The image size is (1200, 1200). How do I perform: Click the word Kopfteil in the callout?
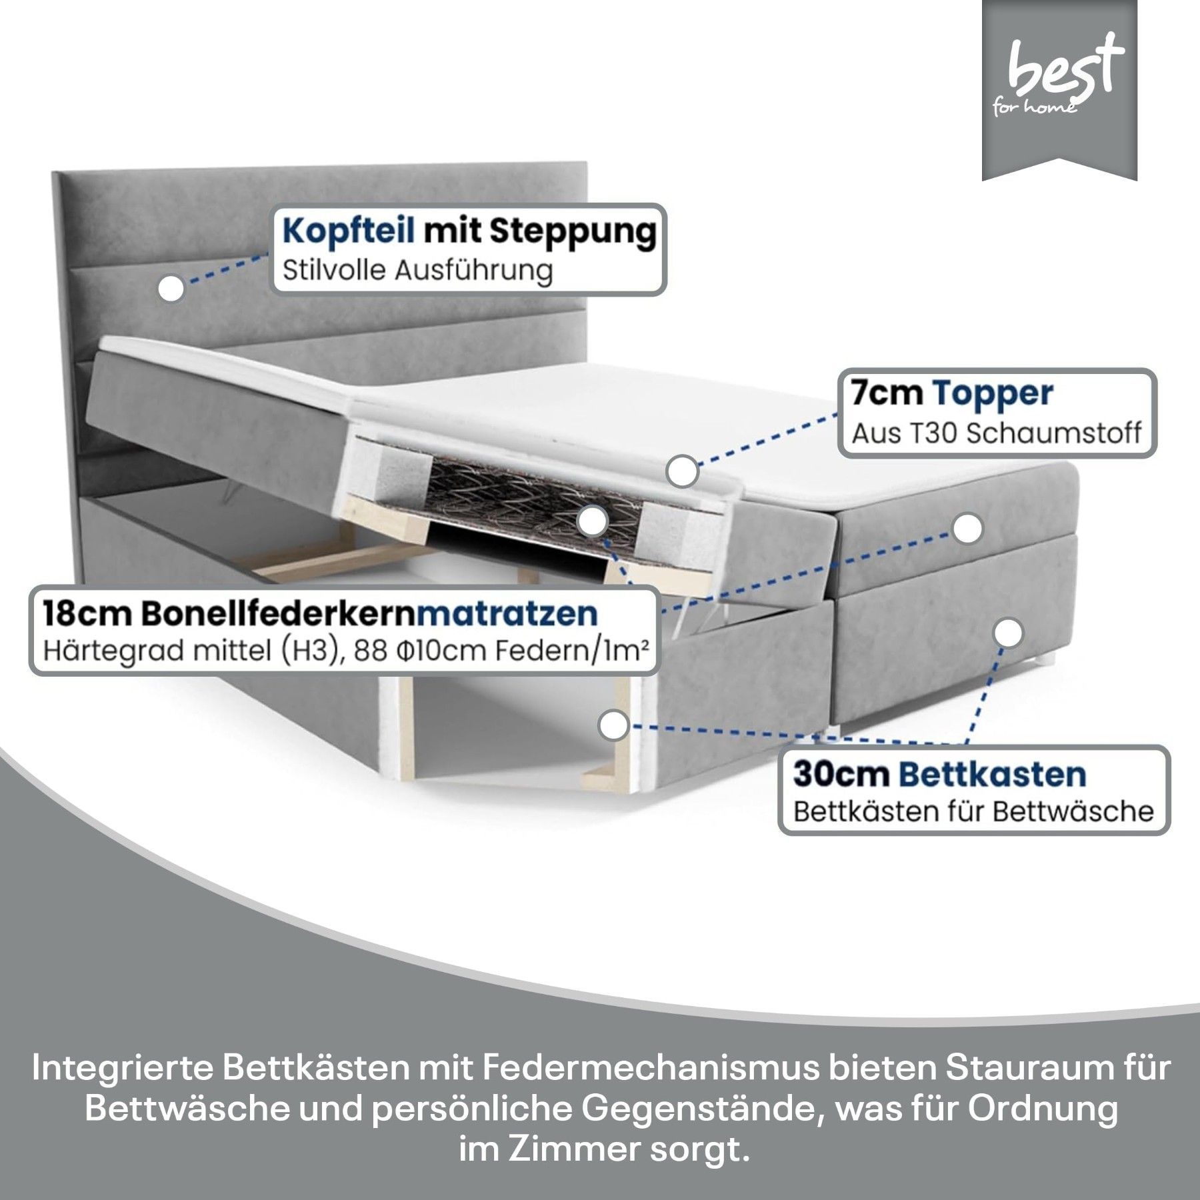coord(348,231)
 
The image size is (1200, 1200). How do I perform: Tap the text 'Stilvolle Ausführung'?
coord(418,271)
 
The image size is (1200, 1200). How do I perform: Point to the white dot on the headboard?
coord(172,289)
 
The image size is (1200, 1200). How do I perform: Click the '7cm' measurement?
coord(886,393)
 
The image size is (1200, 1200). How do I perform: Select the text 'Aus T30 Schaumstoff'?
coord(997,433)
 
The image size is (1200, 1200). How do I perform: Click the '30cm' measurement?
coord(841,775)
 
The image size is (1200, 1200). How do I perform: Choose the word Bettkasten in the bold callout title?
coord(993,775)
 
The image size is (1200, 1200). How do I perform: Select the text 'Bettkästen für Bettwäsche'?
coord(973,812)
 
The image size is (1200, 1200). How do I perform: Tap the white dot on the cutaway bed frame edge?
coord(614,725)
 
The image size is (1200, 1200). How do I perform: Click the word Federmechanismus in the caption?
coord(649,1068)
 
